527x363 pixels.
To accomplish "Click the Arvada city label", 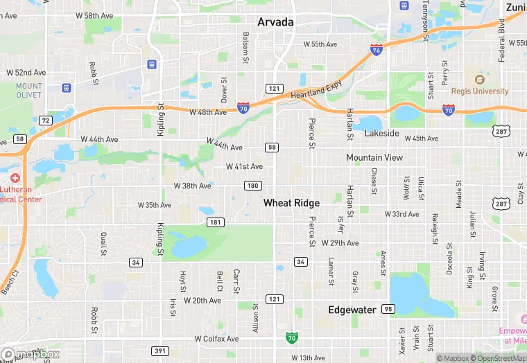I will tap(275, 22).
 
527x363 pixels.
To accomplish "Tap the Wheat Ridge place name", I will tap(291, 203).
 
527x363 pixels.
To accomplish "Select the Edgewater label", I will tap(352, 310).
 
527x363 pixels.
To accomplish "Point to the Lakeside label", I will tap(382, 133).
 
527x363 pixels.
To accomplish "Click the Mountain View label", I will tap(374, 158).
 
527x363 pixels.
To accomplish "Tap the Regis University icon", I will tap(479, 78).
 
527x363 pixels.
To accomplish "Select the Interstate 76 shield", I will tap(375, 51).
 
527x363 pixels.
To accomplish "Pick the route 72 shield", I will tap(46, 121).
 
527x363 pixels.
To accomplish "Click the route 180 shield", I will tap(252, 185).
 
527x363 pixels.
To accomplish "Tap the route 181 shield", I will tap(215, 222).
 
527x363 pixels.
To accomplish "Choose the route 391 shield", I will tap(160, 351).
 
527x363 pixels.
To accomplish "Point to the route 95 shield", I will tap(388, 309).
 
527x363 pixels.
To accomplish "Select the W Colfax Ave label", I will tap(216, 339).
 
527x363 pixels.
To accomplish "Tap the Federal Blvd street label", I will tap(501, 40).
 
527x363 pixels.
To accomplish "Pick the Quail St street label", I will tap(103, 242).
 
